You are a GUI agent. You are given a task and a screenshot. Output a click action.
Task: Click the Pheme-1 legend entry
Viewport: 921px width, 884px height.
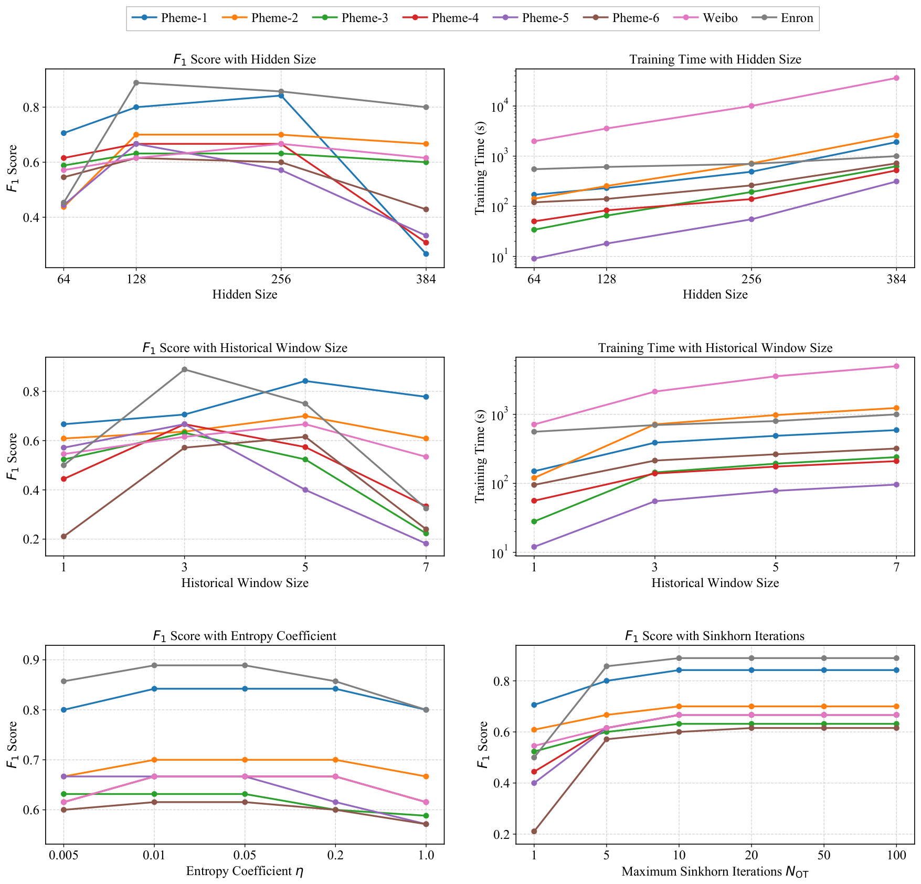[169, 18]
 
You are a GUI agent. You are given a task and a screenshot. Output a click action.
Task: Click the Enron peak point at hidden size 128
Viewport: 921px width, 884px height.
[136, 82]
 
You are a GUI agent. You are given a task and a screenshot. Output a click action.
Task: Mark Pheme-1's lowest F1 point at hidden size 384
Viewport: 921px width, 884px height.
[426, 254]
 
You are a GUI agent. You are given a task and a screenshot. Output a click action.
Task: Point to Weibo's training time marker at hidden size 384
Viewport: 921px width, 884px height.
[896, 78]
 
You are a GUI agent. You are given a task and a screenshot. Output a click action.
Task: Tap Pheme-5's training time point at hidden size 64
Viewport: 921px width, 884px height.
[534, 259]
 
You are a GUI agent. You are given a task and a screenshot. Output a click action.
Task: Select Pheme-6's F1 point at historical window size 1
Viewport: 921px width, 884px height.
[63, 536]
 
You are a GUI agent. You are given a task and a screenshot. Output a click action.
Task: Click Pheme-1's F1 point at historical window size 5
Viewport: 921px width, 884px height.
[305, 381]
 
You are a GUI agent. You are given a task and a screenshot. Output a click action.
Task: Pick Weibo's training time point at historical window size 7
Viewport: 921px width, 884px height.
[896, 366]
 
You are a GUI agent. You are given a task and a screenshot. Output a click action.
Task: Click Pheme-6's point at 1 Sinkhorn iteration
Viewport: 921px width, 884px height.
[534, 832]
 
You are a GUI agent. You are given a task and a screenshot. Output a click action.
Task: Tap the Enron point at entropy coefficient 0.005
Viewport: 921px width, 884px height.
[63, 681]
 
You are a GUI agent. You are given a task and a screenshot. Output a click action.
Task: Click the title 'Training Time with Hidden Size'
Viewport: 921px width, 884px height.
[715, 59]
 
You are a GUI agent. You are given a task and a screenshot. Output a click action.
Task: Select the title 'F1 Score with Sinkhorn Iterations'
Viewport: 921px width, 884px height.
[715, 636]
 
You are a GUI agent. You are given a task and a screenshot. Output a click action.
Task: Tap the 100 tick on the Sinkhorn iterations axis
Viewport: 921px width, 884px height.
[896, 856]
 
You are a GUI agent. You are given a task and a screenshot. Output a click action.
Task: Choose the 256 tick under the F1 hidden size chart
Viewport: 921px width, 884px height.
[281, 279]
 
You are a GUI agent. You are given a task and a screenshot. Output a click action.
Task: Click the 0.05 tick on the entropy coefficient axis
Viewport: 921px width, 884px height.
[245, 856]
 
